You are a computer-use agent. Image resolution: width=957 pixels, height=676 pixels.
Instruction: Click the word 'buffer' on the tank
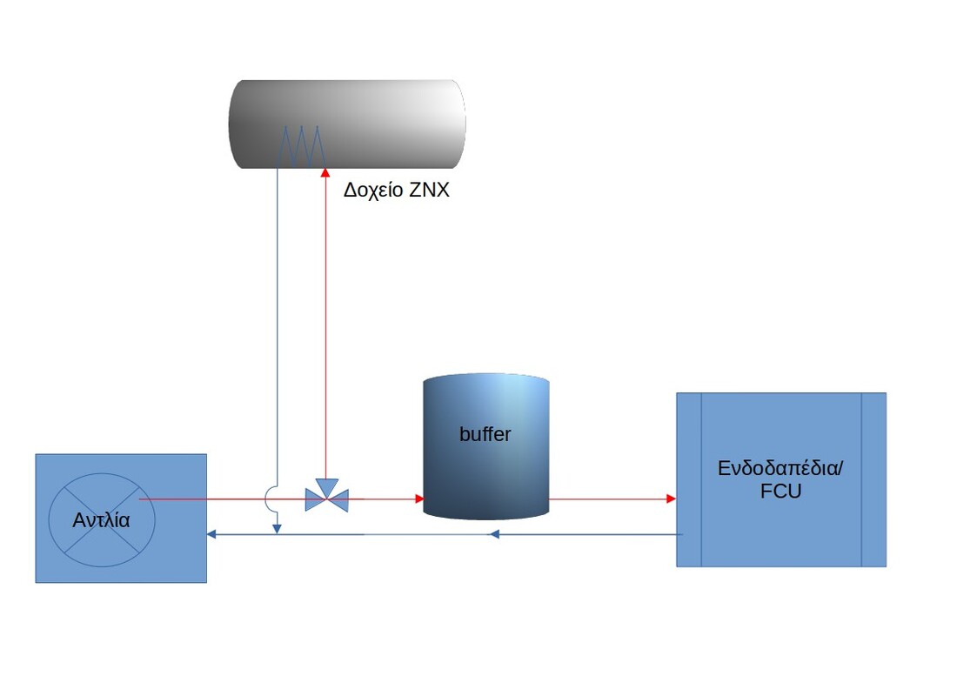click(485, 434)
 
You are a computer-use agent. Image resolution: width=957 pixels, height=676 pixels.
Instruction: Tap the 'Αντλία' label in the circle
click(101, 521)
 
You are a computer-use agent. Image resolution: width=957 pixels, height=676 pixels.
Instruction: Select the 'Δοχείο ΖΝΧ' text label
click(396, 191)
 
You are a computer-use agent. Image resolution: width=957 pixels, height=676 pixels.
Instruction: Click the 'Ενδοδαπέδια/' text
click(780, 468)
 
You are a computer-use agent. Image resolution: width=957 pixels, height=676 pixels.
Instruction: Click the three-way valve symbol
click(326, 497)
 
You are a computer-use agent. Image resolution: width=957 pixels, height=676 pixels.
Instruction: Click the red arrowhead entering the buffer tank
click(419, 499)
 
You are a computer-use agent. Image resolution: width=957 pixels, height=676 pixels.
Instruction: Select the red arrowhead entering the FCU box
click(671, 499)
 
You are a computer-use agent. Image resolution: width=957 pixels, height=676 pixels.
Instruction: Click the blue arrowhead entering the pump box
click(211, 534)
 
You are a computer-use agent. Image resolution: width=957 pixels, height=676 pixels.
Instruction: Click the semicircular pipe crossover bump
click(271, 499)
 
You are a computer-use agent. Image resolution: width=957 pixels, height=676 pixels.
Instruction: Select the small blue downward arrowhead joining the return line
click(277, 527)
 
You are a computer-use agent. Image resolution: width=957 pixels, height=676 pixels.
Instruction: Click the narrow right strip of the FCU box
click(873, 479)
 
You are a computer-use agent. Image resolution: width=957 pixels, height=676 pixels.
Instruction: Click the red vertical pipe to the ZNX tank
click(324, 331)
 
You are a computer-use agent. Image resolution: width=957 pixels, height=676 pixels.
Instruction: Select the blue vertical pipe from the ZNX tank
click(277, 331)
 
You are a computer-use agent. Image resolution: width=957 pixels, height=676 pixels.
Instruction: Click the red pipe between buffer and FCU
click(609, 499)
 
